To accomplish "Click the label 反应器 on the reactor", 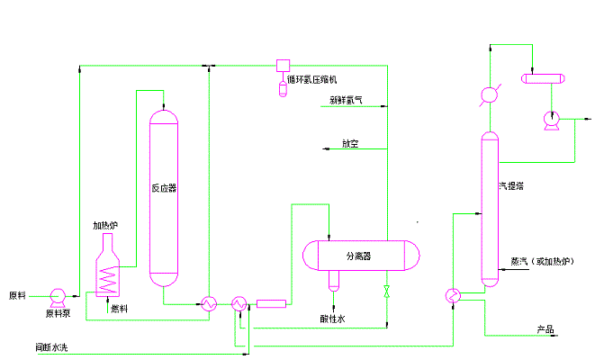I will (x=164, y=189).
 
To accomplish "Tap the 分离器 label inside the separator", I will (x=359, y=256).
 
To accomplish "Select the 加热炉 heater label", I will (x=106, y=226).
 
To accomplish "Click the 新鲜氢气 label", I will (x=347, y=102).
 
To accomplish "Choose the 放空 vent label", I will (x=350, y=144).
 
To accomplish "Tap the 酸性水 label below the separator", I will (x=332, y=318).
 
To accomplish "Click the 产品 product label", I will (x=545, y=329).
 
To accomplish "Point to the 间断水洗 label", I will (x=52, y=346).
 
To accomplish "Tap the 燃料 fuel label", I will (x=119, y=309).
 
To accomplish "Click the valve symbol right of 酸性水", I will (x=387, y=292).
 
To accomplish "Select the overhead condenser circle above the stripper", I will (x=489, y=94).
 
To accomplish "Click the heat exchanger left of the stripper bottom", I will (x=452, y=296).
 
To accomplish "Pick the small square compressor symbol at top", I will (x=283, y=66).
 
